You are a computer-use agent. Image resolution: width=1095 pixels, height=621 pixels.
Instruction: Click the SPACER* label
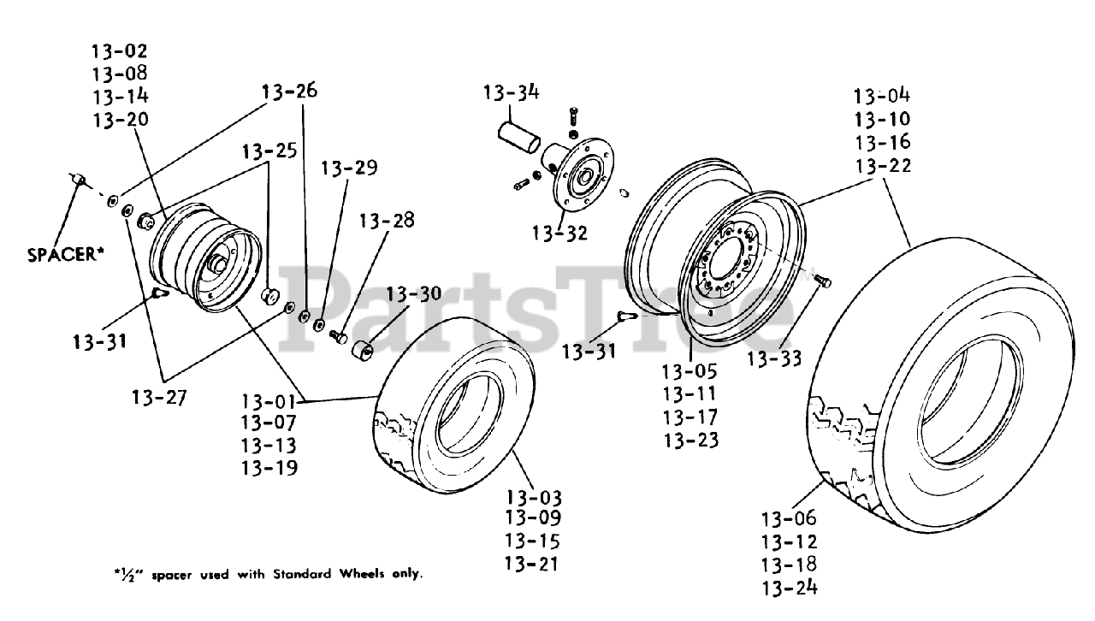pos(65,254)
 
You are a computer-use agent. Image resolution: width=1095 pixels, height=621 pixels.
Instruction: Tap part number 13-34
pos(511,92)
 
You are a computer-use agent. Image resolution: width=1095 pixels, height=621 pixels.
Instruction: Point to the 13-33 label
pos(774,358)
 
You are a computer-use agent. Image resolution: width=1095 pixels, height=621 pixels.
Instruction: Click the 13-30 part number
pos(413,294)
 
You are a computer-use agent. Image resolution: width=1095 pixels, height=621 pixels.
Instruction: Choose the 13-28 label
pos(387,221)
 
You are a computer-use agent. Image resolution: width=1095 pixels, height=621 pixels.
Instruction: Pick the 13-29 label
pos(349,168)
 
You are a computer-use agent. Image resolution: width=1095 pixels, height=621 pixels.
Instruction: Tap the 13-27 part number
pos(159,397)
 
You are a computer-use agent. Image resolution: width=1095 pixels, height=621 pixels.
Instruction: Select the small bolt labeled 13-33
pos(823,281)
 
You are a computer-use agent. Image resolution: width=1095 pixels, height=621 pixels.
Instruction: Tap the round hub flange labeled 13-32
pos(583,180)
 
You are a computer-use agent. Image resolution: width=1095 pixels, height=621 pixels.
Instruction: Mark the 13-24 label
pos(789,587)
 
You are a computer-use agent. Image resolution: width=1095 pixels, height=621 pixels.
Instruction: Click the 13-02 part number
pos(120,51)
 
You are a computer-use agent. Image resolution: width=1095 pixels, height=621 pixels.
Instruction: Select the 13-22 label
pos(882,165)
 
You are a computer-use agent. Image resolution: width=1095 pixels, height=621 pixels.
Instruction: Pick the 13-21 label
pos(533,564)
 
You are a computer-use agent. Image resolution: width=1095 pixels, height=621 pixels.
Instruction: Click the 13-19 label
pos(269,468)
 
